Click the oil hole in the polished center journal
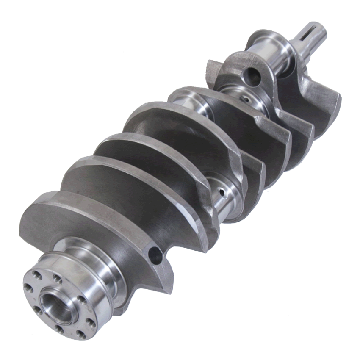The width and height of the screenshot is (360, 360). pos(221,192)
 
